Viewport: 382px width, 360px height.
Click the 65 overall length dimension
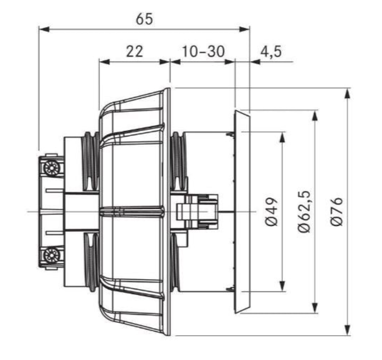pyautogui.click(x=145, y=19)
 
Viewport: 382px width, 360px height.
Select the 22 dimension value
pyautogui.click(x=134, y=51)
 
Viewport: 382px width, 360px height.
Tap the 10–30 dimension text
pyautogui.click(x=203, y=51)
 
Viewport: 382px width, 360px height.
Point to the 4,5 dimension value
pyautogui.click(x=271, y=52)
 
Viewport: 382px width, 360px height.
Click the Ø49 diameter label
pyautogui.click(x=271, y=212)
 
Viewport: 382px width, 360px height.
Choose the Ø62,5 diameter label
pyautogui.click(x=305, y=211)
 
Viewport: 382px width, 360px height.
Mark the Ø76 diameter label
pyautogui.click(x=337, y=211)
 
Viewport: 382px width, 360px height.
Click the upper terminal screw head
pyautogui.click(x=52, y=168)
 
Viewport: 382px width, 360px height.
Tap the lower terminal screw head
pyautogui.click(x=52, y=256)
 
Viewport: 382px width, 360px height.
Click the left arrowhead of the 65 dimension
pyautogui.click(x=44, y=29)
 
